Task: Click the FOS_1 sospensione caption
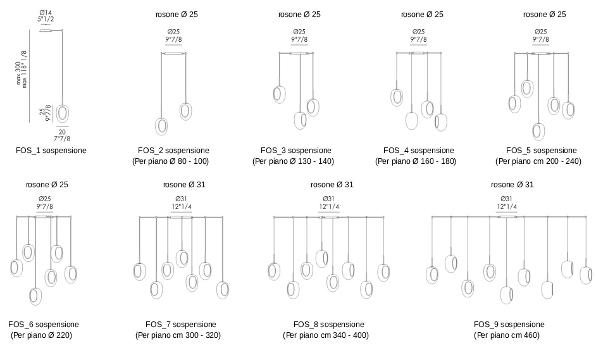(51, 151)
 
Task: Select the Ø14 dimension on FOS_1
(45, 13)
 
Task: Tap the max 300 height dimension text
(18, 73)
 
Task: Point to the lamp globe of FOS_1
(63, 113)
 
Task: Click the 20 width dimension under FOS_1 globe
(62, 132)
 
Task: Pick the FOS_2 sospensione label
(173, 151)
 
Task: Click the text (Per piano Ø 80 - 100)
(171, 161)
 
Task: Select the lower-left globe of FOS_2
(161, 126)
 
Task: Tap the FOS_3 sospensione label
(295, 151)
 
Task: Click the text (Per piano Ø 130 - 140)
(293, 161)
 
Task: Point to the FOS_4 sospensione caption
(418, 151)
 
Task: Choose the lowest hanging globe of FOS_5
(538, 132)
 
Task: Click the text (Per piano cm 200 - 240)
(538, 161)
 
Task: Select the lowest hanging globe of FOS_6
(35, 297)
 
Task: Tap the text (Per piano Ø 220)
(41, 335)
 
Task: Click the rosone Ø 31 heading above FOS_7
(184, 185)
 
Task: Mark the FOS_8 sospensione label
(329, 325)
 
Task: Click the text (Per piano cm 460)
(507, 335)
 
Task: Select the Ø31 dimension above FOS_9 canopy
(506, 199)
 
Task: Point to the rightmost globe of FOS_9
(586, 275)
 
